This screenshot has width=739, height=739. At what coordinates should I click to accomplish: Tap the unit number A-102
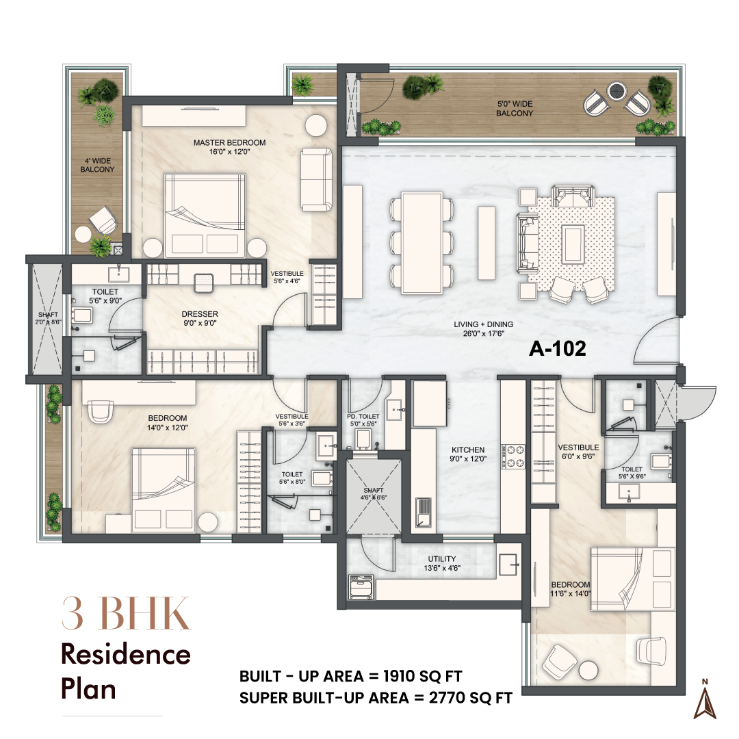pyautogui.click(x=558, y=348)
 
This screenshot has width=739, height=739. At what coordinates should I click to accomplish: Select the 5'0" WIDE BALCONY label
pyautogui.click(x=515, y=109)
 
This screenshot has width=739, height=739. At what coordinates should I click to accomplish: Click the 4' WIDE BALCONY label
pyautogui.click(x=98, y=164)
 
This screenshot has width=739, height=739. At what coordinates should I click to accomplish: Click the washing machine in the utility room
pyautogui.click(x=360, y=586)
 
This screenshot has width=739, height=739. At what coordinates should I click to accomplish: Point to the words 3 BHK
pyautogui.click(x=125, y=614)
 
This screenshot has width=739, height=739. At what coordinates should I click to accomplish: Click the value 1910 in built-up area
pyautogui.click(x=390, y=677)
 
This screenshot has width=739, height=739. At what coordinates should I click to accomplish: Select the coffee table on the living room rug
pyautogui.click(x=572, y=242)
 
